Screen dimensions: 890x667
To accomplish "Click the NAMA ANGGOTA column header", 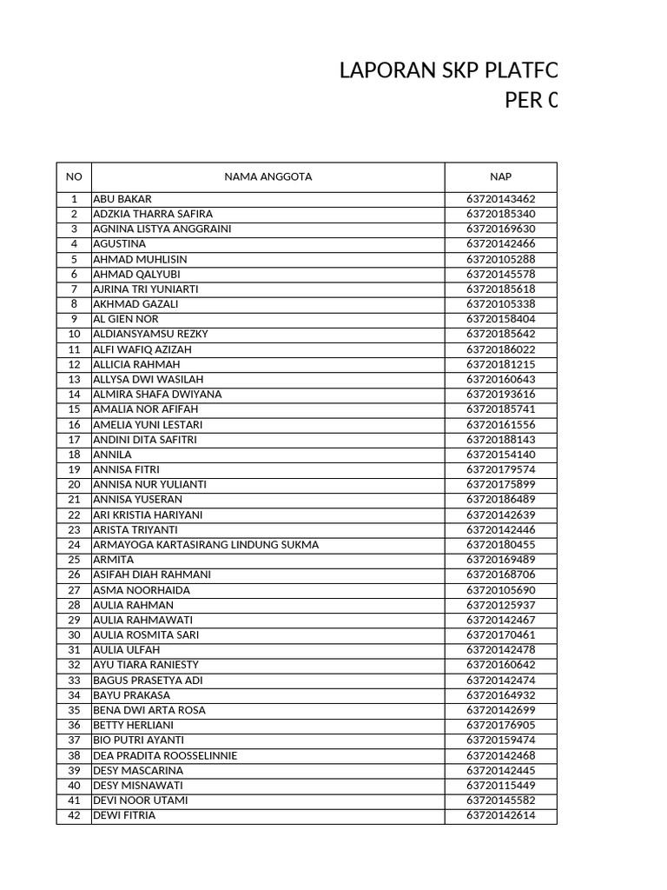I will [267, 176].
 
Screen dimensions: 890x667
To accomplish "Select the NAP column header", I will [500, 176].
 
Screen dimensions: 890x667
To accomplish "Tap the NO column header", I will [74, 176].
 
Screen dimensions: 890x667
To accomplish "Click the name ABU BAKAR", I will [122, 199].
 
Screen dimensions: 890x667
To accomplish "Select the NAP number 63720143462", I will [500, 199].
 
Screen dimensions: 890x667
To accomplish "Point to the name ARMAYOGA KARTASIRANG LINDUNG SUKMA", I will [206, 545].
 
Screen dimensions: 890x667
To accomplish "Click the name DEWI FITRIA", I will [124, 815].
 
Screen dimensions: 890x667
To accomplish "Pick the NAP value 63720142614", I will [500, 815].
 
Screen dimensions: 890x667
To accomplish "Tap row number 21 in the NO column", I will [74, 500].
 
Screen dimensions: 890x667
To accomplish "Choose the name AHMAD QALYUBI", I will [136, 275].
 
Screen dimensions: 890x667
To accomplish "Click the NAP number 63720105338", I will [500, 304].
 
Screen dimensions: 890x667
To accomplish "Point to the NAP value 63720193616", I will [500, 395].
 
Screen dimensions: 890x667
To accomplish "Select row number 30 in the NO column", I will [74, 635].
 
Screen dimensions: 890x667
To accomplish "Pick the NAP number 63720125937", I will [500, 605].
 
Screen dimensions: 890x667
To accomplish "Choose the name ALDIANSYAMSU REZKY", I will [150, 335].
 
